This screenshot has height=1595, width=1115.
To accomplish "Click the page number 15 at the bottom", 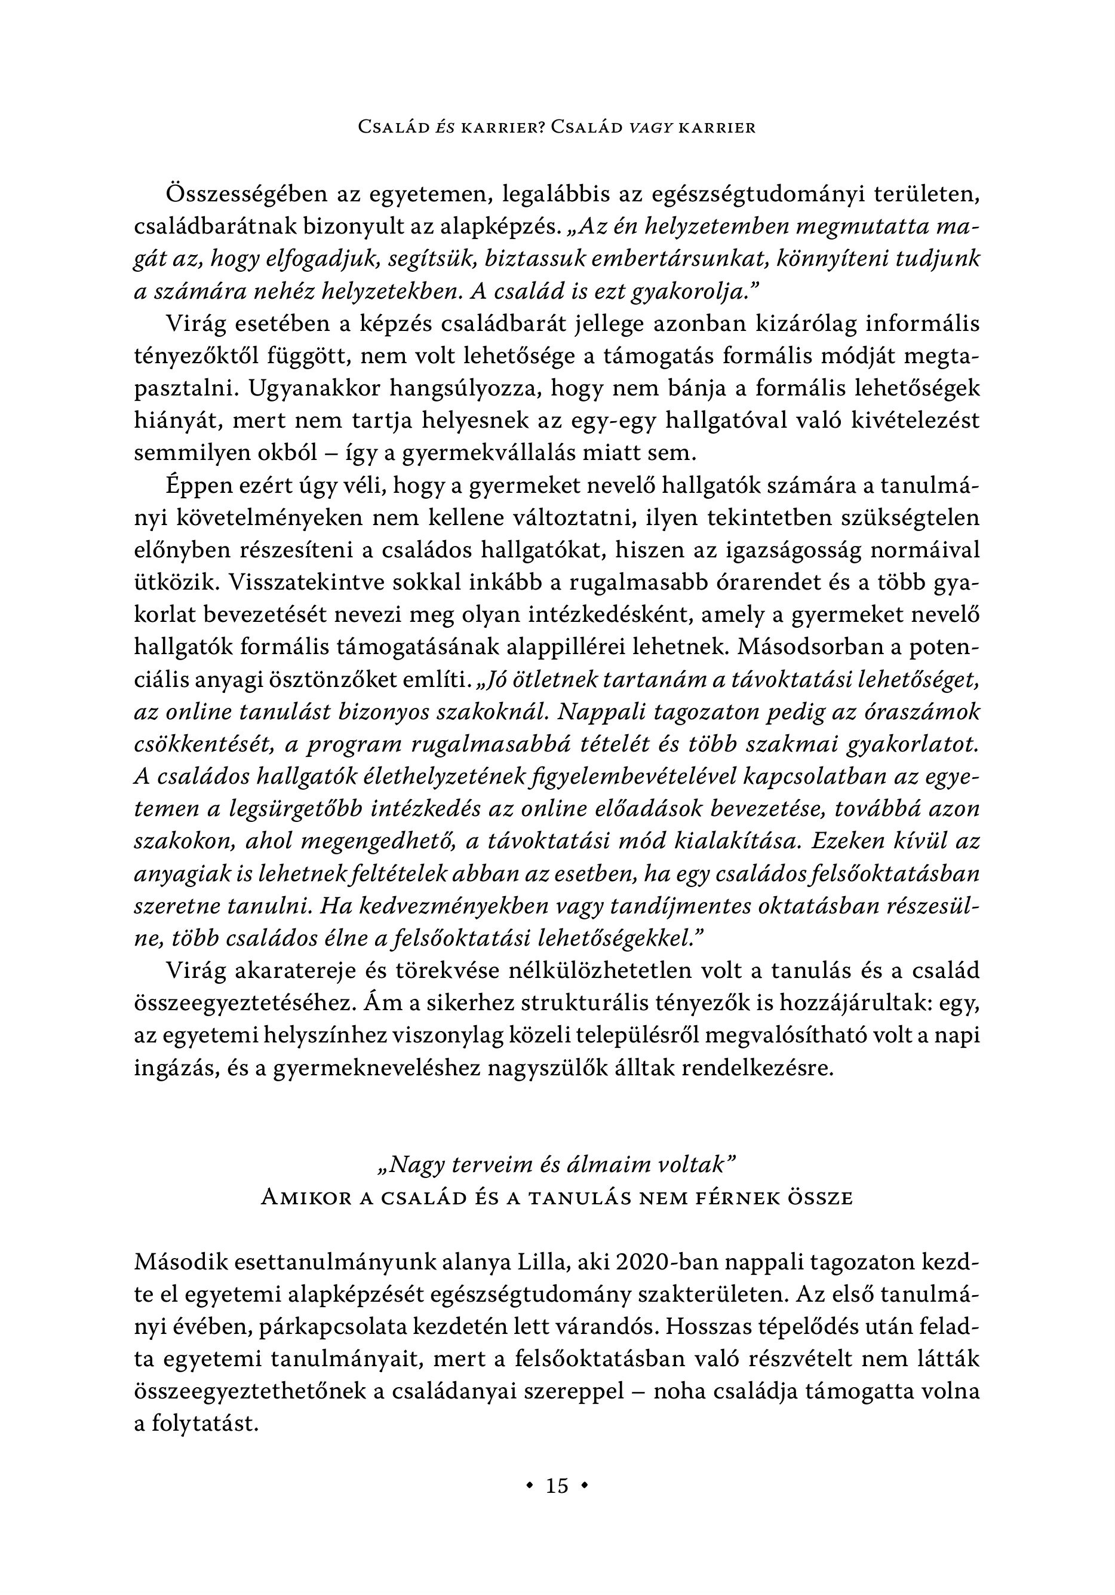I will click(x=557, y=1486).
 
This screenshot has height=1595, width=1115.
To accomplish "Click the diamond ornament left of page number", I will click(x=530, y=1486).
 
